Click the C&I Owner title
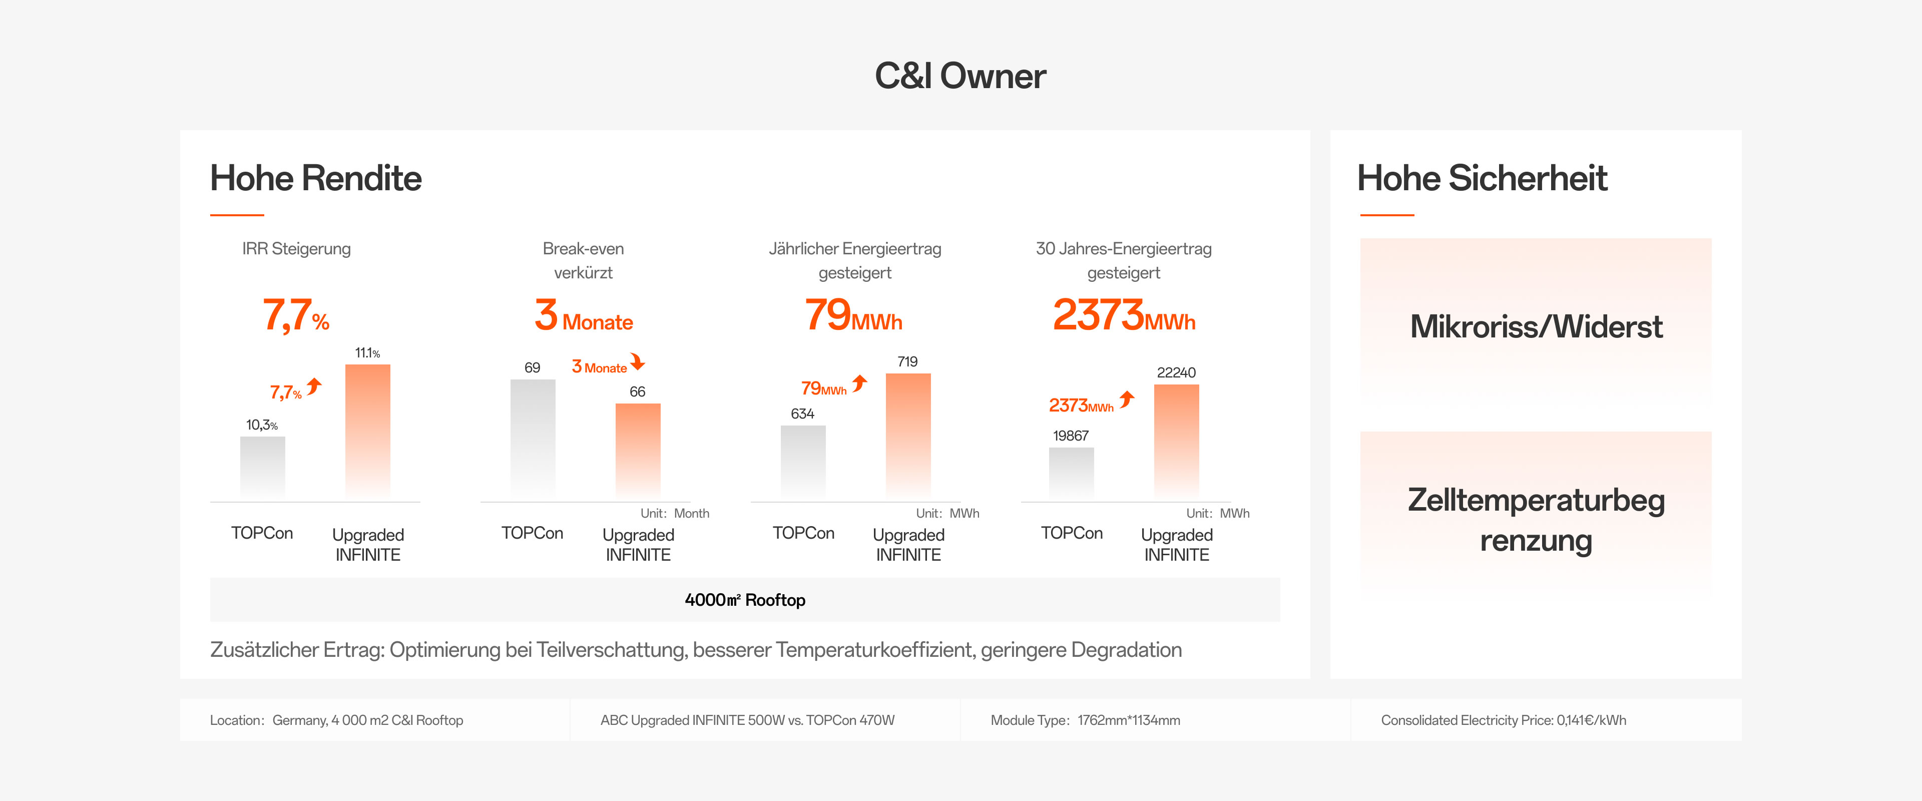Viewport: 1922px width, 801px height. (x=960, y=76)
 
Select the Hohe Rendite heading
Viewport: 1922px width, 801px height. (x=316, y=178)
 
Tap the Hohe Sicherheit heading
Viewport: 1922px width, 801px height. (x=1482, y=178)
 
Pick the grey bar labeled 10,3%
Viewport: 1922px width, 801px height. (x=263, y=467)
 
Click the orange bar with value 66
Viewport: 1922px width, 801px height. (x=638, y=450)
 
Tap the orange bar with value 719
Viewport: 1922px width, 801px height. (x=908, y=435)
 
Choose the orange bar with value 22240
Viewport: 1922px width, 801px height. (x=1177, y=441)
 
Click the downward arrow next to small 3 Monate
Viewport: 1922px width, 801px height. (x=638, y=362)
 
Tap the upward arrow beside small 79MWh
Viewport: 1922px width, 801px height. (x=860, y=383)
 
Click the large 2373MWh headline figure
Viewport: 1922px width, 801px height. (x=1124, y=315)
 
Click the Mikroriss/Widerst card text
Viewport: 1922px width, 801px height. (x=1536, y=327)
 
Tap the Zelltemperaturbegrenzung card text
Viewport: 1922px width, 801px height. (x=1536, y=520)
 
